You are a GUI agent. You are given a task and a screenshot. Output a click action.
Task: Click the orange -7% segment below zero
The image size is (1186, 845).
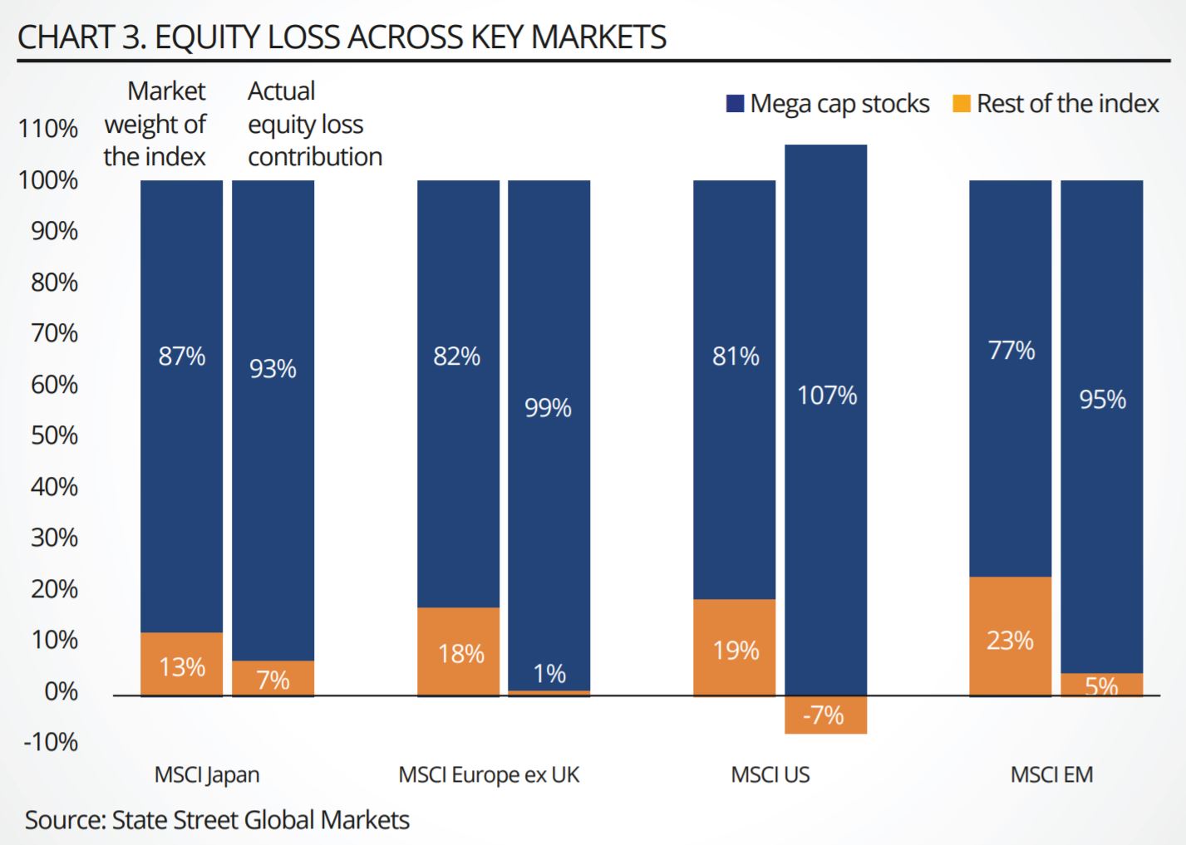tap(825, 715)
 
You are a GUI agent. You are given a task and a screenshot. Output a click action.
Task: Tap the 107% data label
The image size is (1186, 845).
tap(826, 395)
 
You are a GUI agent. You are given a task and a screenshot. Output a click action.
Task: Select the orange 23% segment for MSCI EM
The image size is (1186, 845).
tap(1010, 636)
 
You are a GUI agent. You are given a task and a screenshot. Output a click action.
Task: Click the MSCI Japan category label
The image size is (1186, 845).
tap(207, 775)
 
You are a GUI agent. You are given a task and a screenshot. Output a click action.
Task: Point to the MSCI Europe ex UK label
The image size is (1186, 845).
tap(489, 775)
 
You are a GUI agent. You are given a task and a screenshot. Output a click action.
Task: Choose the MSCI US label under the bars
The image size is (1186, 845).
tap(770, 775)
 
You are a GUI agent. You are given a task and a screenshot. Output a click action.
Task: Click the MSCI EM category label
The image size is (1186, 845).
tap(1051, 775)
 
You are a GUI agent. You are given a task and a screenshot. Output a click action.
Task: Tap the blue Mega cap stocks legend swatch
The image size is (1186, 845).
tap(735, 104)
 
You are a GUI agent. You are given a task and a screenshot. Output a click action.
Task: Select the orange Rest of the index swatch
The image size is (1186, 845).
tap(961, 104)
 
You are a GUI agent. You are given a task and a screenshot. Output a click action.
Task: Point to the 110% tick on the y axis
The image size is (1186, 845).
tap(48, 129)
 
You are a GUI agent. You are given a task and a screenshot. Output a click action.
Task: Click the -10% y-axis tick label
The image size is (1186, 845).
tap(51, 742)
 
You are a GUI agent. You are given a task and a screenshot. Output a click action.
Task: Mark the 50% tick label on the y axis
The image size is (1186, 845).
tap(54, 435)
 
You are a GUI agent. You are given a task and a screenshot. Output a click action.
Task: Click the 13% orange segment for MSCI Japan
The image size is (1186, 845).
tap(181, 665)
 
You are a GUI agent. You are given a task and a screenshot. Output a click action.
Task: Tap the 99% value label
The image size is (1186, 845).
tap(548, 408)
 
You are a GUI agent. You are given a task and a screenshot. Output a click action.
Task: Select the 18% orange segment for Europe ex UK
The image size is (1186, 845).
tap(458, 652)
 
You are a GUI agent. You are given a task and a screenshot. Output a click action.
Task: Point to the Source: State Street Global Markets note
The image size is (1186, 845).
tap(217, 820)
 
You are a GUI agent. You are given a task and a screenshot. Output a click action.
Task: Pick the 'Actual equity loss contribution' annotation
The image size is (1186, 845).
tap(314, 124)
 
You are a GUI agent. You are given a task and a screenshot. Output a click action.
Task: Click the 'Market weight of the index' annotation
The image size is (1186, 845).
tap(155, 124)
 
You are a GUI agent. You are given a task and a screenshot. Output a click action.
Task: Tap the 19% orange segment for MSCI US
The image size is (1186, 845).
tap(735, 648)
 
